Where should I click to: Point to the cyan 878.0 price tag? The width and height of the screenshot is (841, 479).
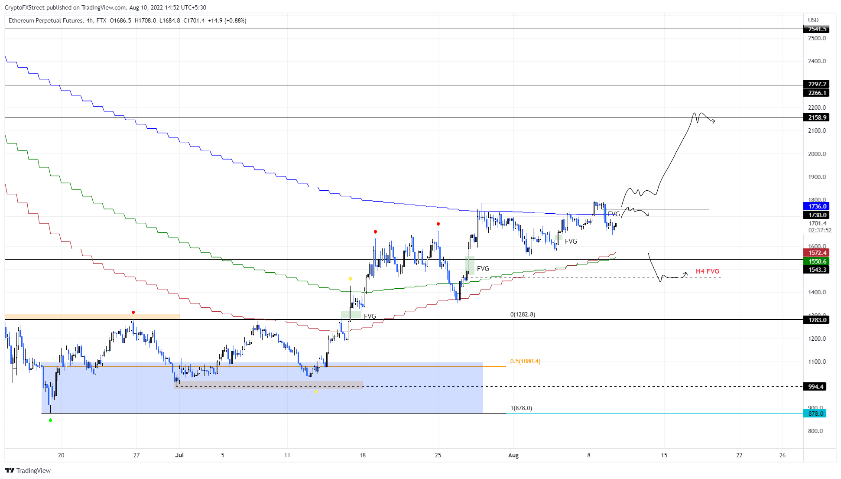click(x=815, y=414)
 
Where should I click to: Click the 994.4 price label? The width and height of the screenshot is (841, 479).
click(x=815, y=387)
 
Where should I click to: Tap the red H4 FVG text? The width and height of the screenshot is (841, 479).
click(x=707, y=271)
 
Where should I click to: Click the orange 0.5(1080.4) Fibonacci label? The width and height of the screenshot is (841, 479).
click(x=525, y=361)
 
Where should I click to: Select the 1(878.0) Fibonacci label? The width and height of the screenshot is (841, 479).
click(x=521, y=408)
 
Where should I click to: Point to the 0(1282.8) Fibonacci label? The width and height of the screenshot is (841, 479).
click(x=523, y=314)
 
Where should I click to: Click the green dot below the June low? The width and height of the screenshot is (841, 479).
click(x=51, y=420)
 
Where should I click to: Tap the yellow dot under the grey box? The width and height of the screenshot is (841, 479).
click(x=316, y=392)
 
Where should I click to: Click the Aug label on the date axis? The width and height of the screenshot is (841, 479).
click(x=513, y=455)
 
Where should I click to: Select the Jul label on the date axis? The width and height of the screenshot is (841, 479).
click(x=179, y=455)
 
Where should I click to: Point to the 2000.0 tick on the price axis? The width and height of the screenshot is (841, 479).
click(x=817, y=154)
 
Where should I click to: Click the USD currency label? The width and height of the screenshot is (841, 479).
click(x=813, y=20)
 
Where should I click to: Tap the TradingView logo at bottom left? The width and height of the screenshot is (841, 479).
click(x=28, y=471)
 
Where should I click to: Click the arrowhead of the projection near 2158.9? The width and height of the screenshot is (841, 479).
click(x=714, y=122)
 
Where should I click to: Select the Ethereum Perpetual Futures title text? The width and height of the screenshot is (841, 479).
click(x=45, y=20)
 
